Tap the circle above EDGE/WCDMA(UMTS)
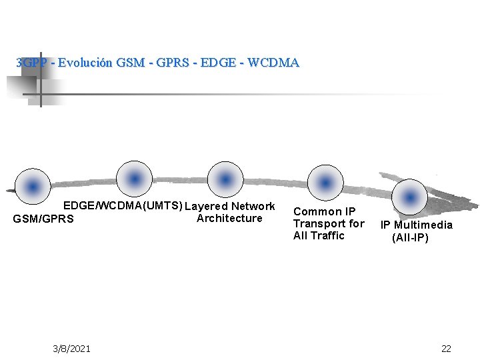134,178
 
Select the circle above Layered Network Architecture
226,179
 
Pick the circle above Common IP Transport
325,182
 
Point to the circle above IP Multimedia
409,197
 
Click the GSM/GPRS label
43,219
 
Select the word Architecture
229,218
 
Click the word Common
315,212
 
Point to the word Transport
319,223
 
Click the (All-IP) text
410,237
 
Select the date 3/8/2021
72,349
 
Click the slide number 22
446,349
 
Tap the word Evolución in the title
85,63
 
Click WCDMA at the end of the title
273,63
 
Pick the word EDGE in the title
218,63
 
